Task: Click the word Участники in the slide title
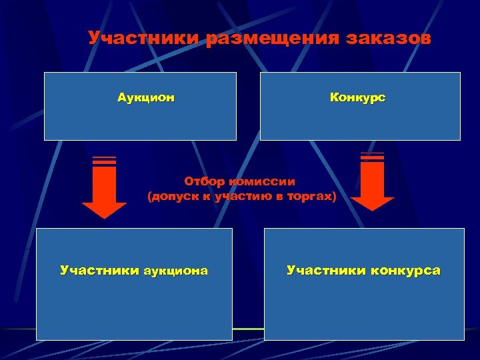coord(145,38)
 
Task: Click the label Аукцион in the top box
coord(146,98)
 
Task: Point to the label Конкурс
coord(358,98)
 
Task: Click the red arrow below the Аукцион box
coord(104,190)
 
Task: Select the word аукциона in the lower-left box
coord(174,271)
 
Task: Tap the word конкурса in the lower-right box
coord(406,271)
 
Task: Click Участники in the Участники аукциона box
coord(99,271)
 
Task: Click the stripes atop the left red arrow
coord(104,161)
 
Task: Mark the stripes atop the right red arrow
coord(372,157)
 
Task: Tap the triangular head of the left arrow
coord(104,209)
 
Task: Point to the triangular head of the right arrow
coord(372,204)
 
